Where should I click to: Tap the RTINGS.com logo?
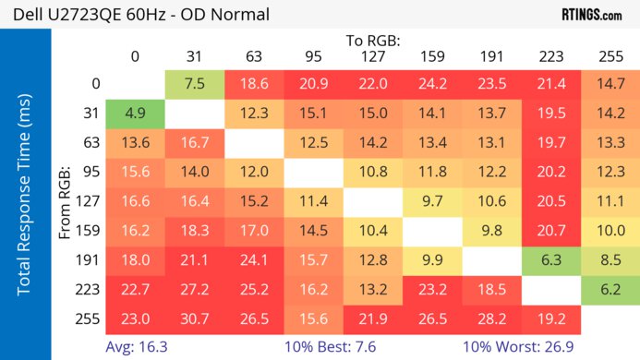pos(591,15)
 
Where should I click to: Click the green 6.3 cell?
pos(550,259)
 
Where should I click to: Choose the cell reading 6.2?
pos(610,289)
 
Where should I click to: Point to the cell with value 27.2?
pos(195,289)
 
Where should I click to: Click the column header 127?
pos(373,56)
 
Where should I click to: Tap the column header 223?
pos(550,56)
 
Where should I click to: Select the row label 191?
pos(90,259)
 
